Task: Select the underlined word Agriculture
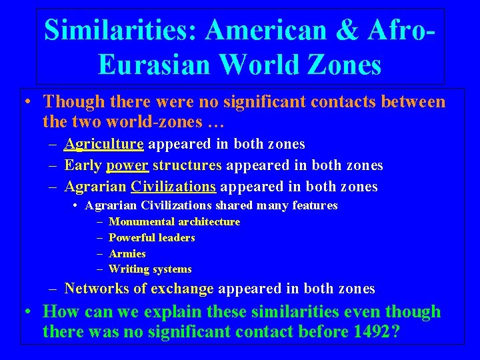(x=104, y=144)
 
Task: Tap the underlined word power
(x=127, y=165)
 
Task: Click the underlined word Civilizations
(x=173, y=187)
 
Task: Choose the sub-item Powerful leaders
(x=151, y=237)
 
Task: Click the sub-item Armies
(x=127, y=253)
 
